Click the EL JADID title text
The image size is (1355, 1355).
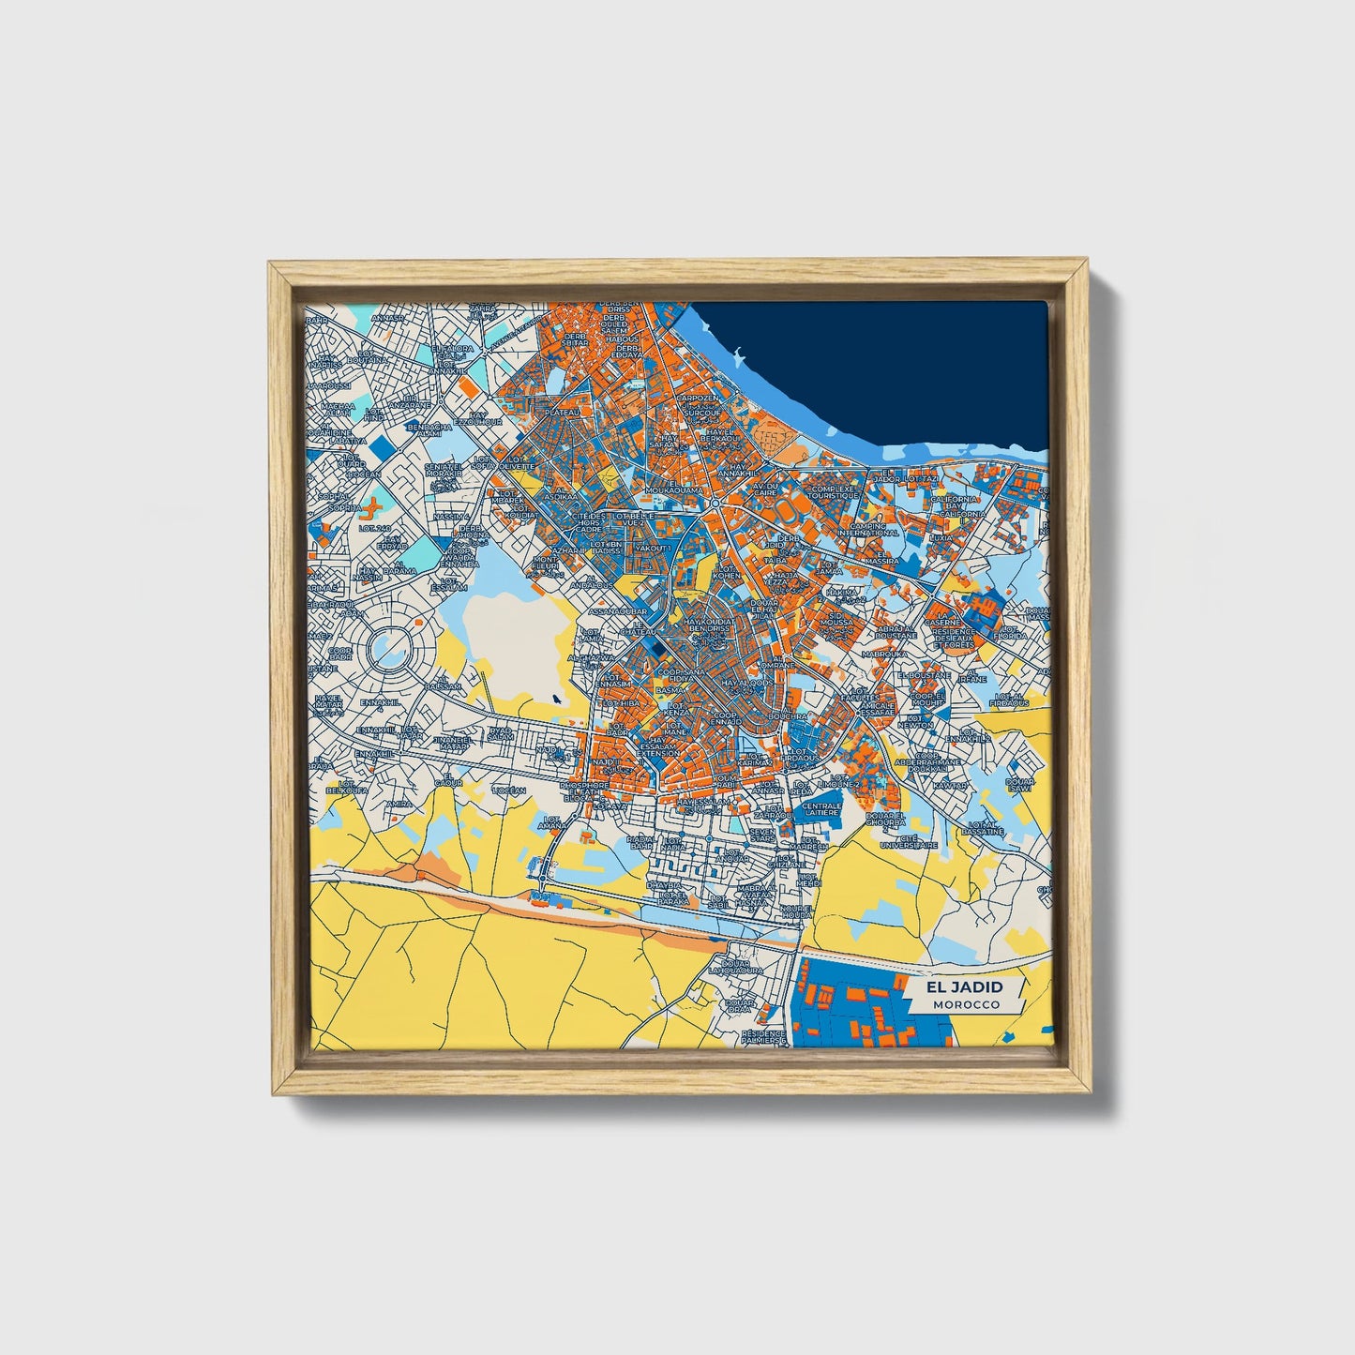click(964, 987)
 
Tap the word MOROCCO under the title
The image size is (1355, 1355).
click(966, 1004)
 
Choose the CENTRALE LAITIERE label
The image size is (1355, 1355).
click(821, 808)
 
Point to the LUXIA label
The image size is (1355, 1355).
click(941, 538)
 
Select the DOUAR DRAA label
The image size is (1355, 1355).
click(740, 1005)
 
